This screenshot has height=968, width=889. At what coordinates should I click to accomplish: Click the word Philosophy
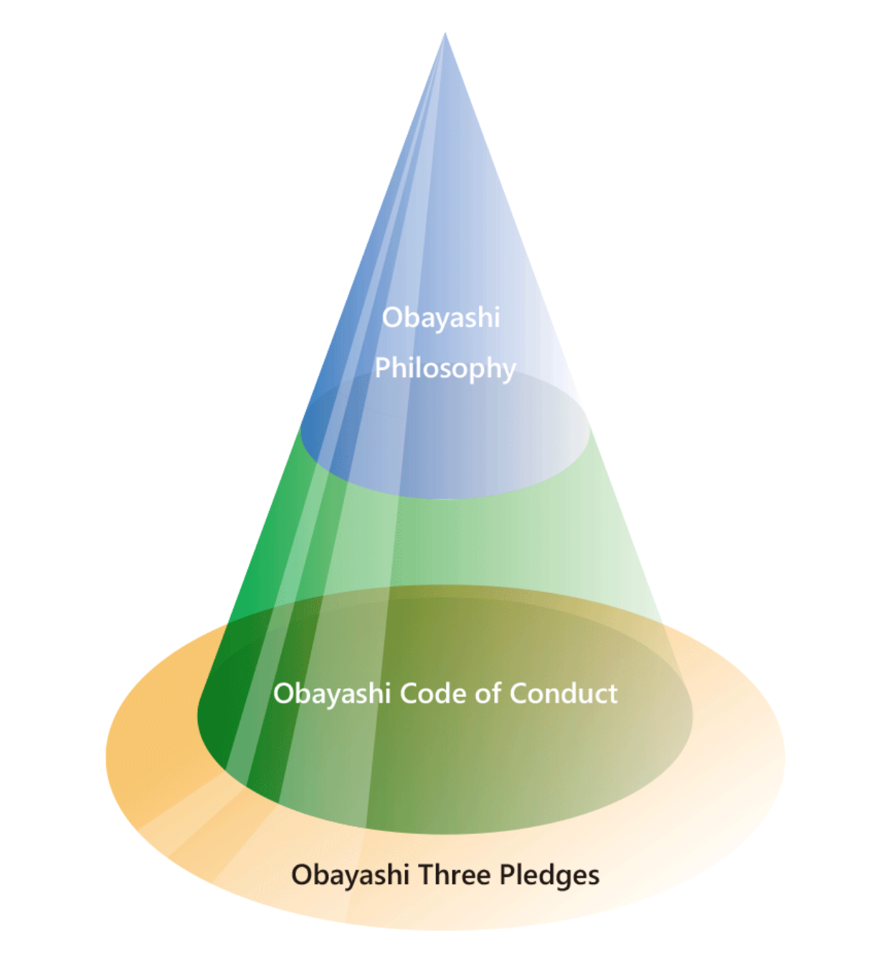point(445,368)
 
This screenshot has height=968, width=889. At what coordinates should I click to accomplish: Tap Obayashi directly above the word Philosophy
point(440,317)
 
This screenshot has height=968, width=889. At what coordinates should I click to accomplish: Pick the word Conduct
point(564,693)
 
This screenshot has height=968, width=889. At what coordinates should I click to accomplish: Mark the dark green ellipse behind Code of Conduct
point(444,760)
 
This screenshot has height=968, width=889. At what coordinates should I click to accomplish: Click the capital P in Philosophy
point(381,368)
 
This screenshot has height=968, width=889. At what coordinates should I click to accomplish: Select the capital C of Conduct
point(518,693)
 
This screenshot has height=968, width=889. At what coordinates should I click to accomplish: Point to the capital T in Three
point(424,875)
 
